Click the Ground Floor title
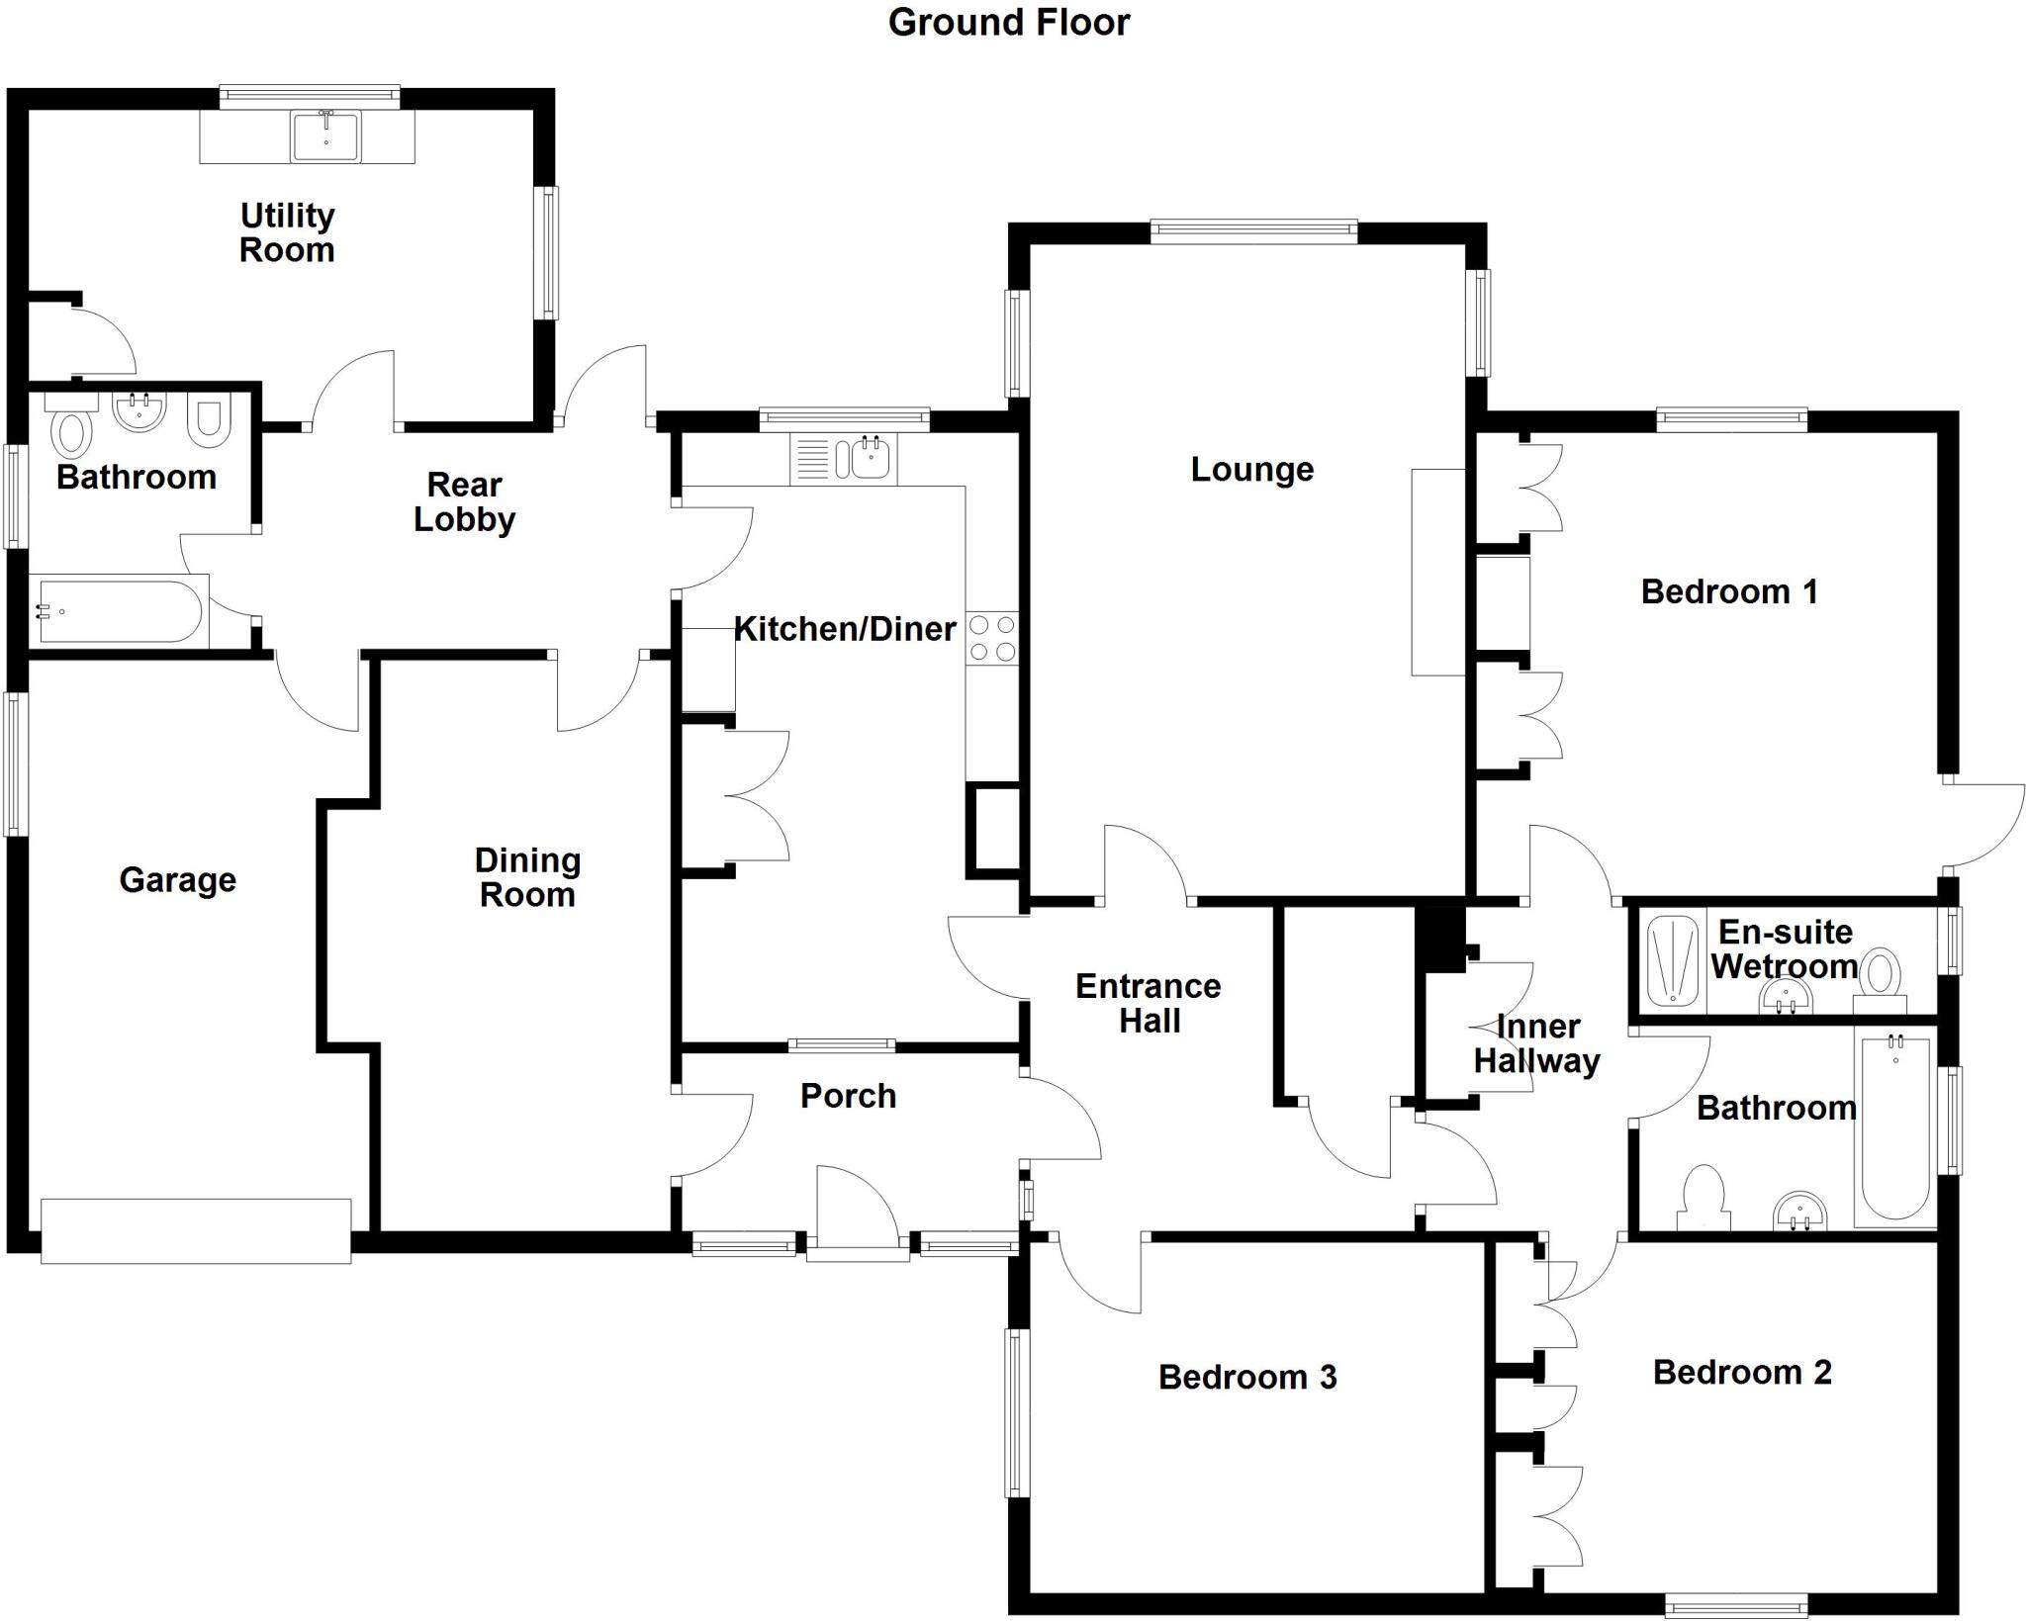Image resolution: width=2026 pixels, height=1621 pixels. pyautogui.click(x=1008, y=23)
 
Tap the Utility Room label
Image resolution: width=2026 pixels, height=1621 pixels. pyautogui.click(x=287, y=232)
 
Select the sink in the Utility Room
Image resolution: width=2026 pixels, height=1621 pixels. pyautogui.click(x=325, y=136)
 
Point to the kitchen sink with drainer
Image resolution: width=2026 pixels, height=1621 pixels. pyautogui.click(x=844, y=460)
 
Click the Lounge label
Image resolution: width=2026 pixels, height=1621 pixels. pyautogui.click(x=1251, y=470)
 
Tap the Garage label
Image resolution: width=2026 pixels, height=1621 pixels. pyautogui.click(x=178, y=880)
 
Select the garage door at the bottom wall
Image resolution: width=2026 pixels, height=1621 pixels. pyautogui.click(x=196, y=1230)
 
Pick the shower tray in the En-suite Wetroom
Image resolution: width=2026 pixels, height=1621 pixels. pyautogui.click(x=1673, y=962)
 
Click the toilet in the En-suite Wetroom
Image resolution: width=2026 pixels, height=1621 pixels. pyautogui.click(x=1881, y=975)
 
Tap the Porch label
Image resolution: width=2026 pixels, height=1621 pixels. pyautogui.click(x=848, y=1096)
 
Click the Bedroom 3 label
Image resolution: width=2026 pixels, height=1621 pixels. pyautogui.click(x=1247, y=1378)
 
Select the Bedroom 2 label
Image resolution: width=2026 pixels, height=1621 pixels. pyautogui.click(x=1742, y=1373)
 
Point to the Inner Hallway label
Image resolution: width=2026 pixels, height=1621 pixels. pyautogui.click(x=1536, y=1044)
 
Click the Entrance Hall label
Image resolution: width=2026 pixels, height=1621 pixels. pyautogui.click(x=1149, y=1003)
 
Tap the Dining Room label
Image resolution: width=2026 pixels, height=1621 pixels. pyautogui.click(x=527, y=878)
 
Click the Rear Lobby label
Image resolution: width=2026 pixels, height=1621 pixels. pyautogui.click(x=464, y=502)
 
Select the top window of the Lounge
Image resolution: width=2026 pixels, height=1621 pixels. pyautogui.click(x=1253, y=231)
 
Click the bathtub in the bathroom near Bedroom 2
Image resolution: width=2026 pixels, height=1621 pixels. pyautogui.click(x=1895, y=1128)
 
